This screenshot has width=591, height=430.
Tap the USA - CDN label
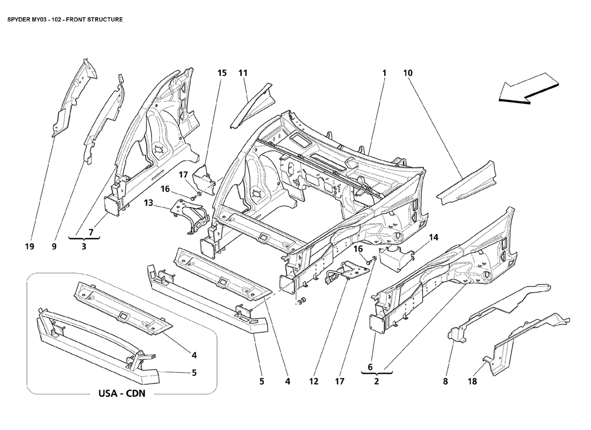[122, 393]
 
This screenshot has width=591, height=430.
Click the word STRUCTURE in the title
[104, 19]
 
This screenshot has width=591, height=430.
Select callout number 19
[30, 247]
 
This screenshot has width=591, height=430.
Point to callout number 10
[408, 73]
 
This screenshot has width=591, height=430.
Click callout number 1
[384, 73]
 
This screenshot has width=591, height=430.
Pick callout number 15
[222, 73]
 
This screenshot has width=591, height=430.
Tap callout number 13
[148, 203]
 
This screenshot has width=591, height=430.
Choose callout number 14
[434, 237]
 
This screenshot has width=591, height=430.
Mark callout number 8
[445, 381]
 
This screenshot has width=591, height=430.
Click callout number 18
[472, 381]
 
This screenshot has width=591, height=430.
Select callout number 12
[314, 381]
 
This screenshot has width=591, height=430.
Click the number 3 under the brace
[84, 247]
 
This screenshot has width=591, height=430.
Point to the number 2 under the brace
[377, 381]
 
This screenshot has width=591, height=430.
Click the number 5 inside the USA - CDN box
[194, 372]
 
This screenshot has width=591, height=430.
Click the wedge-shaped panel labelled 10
[466, 184]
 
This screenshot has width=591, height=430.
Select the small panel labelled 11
[254, 105]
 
